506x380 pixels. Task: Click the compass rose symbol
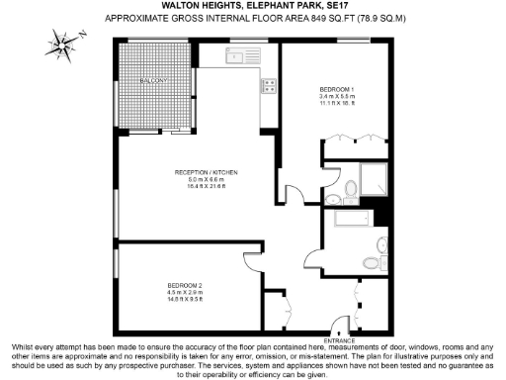point(62,43)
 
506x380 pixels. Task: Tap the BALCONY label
point(153,80)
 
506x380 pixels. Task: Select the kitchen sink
point(236,58)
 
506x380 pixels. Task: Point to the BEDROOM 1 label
point(336,89)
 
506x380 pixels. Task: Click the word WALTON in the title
point(159,6)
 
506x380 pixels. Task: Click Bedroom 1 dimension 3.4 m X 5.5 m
point(337,96)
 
